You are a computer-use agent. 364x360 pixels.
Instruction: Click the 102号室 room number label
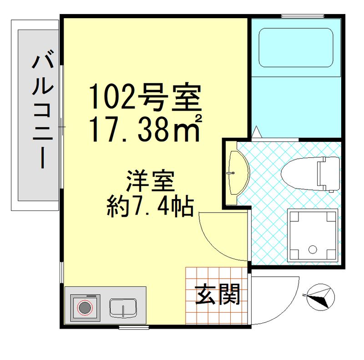145,96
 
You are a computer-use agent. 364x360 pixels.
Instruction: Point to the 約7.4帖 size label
151,208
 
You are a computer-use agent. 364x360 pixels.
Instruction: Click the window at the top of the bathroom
304,17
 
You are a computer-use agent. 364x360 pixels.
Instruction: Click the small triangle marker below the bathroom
256,131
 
